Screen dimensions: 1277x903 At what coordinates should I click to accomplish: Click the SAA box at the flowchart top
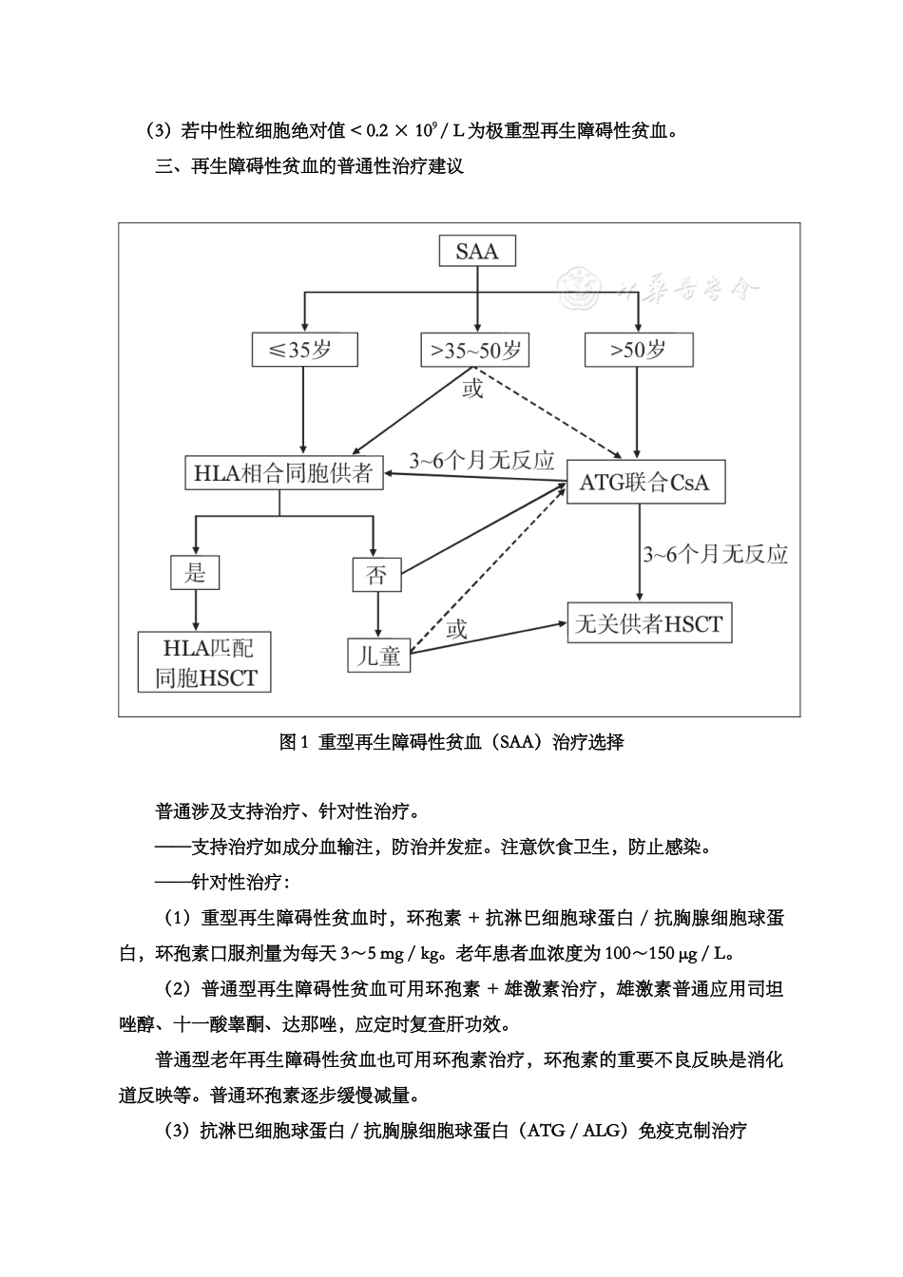[x=476, y=252]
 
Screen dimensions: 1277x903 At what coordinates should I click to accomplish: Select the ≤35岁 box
[x=303, y=350]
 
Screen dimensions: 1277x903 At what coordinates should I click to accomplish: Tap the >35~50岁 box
[x=475, y=350]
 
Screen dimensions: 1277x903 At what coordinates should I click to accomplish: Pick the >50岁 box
[x=639, y=350]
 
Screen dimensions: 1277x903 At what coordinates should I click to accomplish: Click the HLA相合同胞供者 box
[x=283, y=473]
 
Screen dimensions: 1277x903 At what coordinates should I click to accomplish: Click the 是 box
[x=195, y=572]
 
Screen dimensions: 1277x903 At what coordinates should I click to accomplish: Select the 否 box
[x=376, y=574]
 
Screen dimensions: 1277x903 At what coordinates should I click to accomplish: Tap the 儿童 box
[x=378, y=656]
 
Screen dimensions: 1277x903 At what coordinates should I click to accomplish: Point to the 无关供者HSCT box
[x=649, y=624]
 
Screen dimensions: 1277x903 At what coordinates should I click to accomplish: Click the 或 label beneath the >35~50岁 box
[x=471, y=389]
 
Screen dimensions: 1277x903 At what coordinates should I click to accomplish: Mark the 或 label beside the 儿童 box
[x=457, y=629]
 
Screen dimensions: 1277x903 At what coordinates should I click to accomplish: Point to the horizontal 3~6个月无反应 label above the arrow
[x=482, y=461]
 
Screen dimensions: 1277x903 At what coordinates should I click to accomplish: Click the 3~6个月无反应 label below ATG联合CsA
[x=716, y=554]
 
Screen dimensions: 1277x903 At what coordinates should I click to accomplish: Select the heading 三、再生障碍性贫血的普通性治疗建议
[x=309, y=167]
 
